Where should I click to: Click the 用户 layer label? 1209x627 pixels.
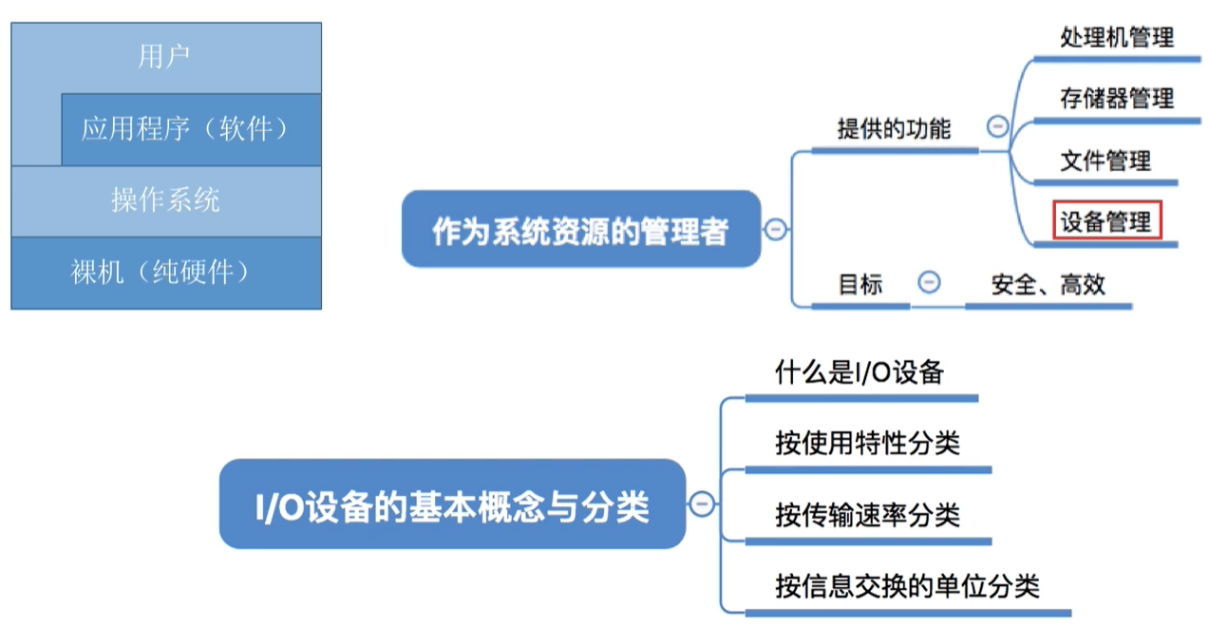tap(164, 57)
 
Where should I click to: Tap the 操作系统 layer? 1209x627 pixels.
tap(165, 200)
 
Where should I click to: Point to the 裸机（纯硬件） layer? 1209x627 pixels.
tap(165, 273)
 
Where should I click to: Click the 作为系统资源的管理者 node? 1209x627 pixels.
tap(580, 230)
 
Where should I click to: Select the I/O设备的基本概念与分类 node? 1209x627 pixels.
tap(452, 505)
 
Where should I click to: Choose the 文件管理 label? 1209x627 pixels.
tap(1105, 161)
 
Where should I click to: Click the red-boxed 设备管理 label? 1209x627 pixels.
tap(1105, 222)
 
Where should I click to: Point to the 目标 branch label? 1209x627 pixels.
tap(860, 283)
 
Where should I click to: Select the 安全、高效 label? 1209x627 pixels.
tap(1048, 283)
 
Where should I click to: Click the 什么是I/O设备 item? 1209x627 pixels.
tap(859, 372)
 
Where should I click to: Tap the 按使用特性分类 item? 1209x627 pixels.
tap(867, 443)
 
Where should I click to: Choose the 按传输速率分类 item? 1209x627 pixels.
tap(867, 515)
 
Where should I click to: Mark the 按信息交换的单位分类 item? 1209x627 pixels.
tap(907, 585)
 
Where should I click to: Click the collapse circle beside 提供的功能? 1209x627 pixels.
tap(997, 125)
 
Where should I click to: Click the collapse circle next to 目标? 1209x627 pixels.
tap(930, 282)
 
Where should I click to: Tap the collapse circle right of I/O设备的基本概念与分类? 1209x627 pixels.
tap(702, 504)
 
